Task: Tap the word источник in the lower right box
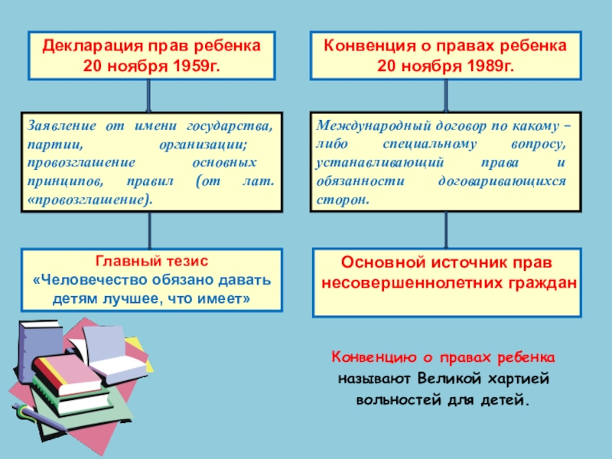point(462,262)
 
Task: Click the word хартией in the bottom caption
point(519,379)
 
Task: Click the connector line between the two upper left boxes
point(148,96)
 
